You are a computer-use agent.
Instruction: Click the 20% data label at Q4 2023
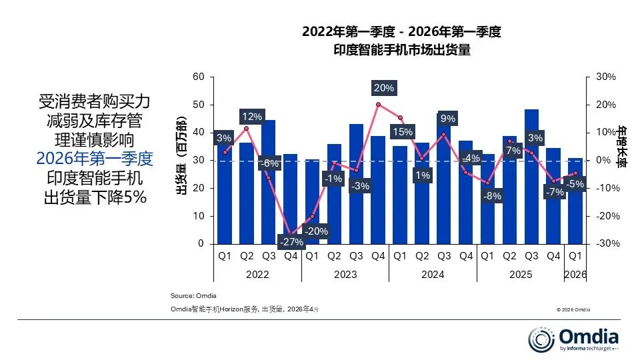tap(383, 88)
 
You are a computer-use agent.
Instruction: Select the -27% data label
tap(291, 241)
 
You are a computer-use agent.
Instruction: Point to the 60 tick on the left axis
tap(198, 77)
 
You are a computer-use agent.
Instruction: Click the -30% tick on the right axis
tap(605, 244)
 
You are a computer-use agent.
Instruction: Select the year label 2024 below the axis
tap(433, 275)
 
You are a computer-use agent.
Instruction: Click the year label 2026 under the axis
tap(575, 275)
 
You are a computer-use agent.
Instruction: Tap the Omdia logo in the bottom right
tap(573, 339)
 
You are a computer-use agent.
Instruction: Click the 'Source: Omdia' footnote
tap(194, 295)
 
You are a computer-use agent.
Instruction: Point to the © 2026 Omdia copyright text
tap(573, 309)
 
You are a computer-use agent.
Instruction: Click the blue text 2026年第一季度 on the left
tap(95, 159)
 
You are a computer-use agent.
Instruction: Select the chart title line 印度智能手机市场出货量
tap(401, 51)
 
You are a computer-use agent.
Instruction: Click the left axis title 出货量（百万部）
tap(180, 160)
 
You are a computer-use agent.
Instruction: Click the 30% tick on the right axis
tap(605, 77)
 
